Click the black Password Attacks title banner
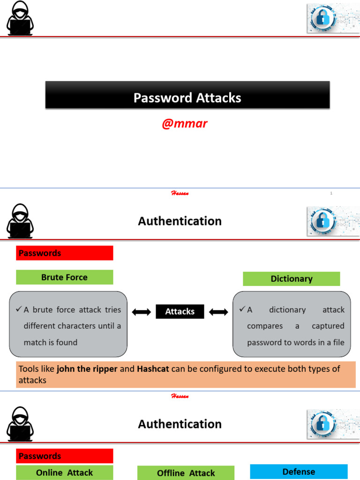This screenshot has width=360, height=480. pos(187,95)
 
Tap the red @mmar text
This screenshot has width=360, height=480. pos(184,124)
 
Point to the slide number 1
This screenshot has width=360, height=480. pos(331,193)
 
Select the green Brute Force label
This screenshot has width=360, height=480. pos(65,277)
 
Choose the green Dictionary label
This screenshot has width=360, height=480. pos(291,278)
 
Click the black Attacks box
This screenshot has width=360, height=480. pos(180,312)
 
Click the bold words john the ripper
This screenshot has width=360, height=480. pos(87,369)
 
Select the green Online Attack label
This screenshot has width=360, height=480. pos(65,472)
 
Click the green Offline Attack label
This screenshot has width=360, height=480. pos(186,473)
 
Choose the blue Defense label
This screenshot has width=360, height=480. pos(299,472)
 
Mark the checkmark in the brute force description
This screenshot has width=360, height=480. pos(19,309)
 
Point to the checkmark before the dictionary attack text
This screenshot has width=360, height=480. pos(242,309)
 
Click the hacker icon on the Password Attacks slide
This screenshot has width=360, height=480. pos(20,19)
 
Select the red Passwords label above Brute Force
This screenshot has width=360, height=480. pos(65,253)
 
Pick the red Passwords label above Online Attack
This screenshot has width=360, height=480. pos(65,456)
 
